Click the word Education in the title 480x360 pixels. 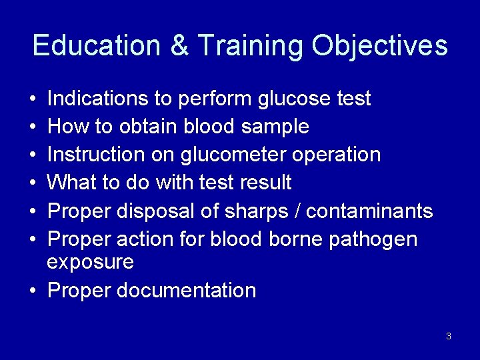96,46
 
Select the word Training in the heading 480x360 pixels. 251,46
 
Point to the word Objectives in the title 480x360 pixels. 380,46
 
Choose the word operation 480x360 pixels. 340,155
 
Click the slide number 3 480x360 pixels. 449,336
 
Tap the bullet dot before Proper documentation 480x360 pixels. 33,291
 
